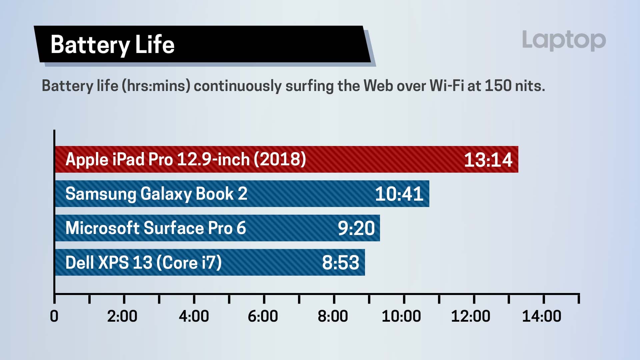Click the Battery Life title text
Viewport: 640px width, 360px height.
pyautogui.click(x=112, y=45)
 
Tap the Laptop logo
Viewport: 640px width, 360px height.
pyautogui.click(x=564, y=40)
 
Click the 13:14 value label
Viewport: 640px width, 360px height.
pyautogui.click(x=488, y=160)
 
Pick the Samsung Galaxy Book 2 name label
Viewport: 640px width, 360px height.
pyautogui.click(x=156, y=194)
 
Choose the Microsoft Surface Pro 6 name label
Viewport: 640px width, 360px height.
pyautogui.click(x=156, y=228)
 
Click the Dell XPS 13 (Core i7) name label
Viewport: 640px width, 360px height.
pyautogui.click(x=144, y=263)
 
